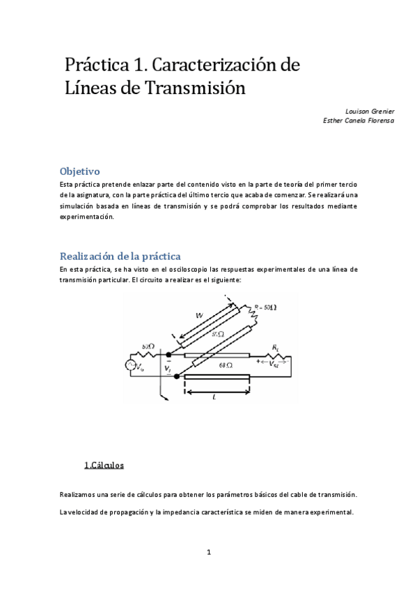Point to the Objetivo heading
click(x=80, y=171)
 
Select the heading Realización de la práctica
click(x=120, y=256)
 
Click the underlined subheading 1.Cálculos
click(x=104, y=464)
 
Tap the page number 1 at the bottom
click(x=208, y=553)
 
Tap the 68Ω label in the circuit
click(x=225, y=364)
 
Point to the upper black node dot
click(x=168, y=355)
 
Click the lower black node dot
click(x=177, y=376)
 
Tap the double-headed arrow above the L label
click(x=217, y=390)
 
